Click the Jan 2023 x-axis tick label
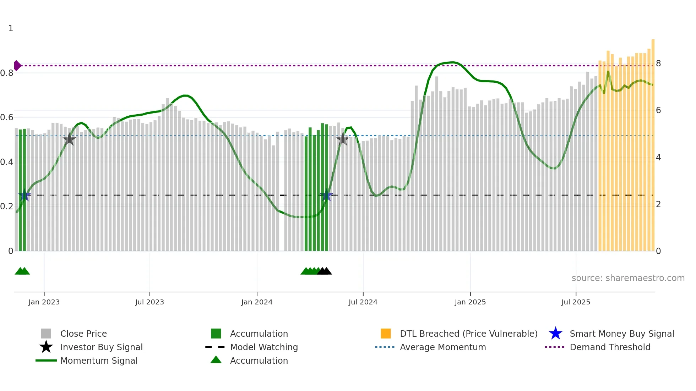[44, 302]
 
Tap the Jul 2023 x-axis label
[149, 302]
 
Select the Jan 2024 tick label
[257, 302]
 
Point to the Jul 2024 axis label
[363, 302]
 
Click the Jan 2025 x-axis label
[470, 302]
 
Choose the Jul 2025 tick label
[576, 302]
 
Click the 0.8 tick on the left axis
[7, 73]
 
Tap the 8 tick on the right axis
[658, 64]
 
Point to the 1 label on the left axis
[11, 28]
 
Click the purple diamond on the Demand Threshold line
[17, 66]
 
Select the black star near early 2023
[69, 139]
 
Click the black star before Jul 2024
[343, 139]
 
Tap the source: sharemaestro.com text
[628, 278]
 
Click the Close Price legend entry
[83, 334]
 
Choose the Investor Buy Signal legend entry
[101, 347]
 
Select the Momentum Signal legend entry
[99, 361]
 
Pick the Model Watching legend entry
[264, 347]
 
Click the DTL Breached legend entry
[468, 334]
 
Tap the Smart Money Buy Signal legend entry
[621, 334]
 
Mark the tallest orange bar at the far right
[653, 142]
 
